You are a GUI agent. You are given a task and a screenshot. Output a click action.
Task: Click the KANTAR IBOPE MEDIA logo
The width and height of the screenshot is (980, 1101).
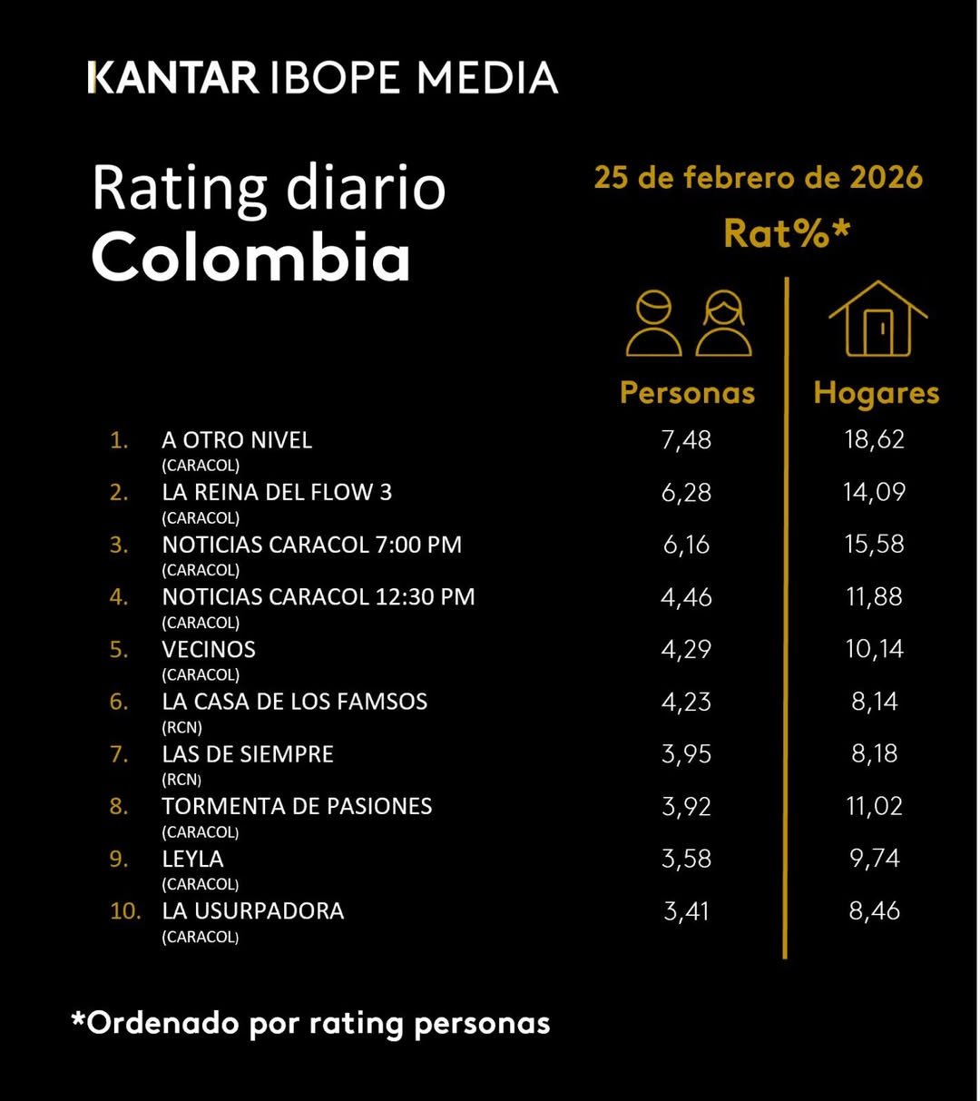point(322,78)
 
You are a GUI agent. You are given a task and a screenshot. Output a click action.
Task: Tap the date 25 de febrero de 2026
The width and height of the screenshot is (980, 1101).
point(758,177)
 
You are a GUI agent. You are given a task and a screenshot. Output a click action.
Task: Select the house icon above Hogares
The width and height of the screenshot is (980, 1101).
point(877,319)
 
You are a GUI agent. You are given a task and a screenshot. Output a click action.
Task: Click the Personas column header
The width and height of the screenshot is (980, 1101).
point(687,392)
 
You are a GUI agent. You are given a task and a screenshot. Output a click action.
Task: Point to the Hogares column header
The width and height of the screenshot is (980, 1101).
point(876,392)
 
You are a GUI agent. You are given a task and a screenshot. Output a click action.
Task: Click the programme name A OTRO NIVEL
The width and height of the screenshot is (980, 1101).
point(237,440)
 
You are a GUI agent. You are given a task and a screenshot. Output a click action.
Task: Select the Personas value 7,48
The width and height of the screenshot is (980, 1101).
point(686,440)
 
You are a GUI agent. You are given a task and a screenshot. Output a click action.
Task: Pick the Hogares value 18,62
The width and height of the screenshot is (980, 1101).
point(875,440)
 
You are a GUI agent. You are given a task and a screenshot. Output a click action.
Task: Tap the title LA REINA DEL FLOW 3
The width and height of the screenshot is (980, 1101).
point(277,493)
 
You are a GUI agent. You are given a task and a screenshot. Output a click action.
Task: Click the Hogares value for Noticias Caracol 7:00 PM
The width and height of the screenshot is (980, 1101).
point(875,545)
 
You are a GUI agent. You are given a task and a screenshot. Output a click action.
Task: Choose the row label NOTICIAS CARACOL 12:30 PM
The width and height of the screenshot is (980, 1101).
point(318,597)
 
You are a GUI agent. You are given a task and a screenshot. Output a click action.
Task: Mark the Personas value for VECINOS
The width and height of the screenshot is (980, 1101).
point(686,650)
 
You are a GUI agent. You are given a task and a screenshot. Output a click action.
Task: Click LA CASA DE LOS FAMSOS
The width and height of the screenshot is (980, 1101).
point(294,702)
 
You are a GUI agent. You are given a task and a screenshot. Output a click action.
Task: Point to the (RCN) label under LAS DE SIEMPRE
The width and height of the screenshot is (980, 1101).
point(181,779)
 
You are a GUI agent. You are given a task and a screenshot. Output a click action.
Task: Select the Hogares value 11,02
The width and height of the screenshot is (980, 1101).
point(875,806)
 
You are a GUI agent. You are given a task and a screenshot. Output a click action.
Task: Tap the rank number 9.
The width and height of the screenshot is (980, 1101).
point(118,859)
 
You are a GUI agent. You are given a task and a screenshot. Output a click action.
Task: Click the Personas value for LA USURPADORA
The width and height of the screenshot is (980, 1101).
point(686,911)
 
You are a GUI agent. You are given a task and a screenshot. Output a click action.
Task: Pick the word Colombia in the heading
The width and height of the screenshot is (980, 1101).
point(251,257)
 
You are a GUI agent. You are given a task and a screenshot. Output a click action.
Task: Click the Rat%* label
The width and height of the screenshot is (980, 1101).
point(787,233)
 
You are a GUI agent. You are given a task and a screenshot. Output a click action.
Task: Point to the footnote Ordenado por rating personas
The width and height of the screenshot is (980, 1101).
point(311,1023)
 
